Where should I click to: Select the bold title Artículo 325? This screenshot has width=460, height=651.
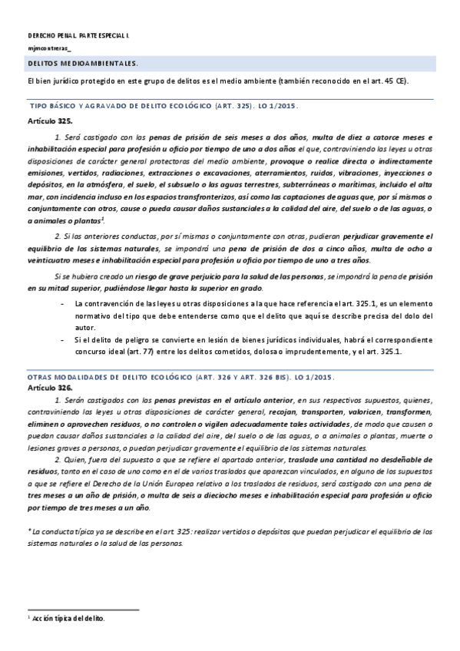50,121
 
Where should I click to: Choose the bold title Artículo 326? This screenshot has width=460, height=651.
50,389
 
